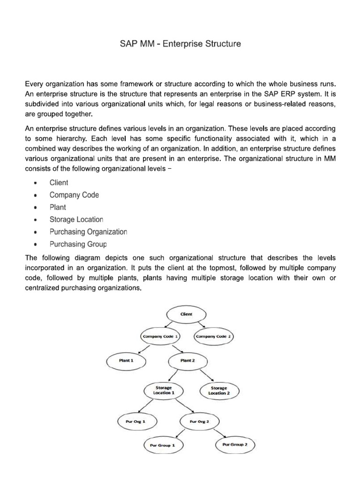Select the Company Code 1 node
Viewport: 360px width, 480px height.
pyautogui.click(x=161, y=336)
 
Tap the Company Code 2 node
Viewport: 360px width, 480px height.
pyautogui.click(x=214, y=336)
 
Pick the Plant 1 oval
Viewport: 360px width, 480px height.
pyautogui.click(x=126, y=361)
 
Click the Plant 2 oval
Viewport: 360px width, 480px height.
pyautogui.click(x=187, y=361)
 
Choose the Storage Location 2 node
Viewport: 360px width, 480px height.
pyautogui.click(x=219, y=390)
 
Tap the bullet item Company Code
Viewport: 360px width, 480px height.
pyautogui.click(x=74, y=195)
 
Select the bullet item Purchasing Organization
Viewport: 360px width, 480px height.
pyautogui.click(x=88, y=232)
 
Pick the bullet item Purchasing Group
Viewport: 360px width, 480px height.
pyautogui.click(x=78, y=244)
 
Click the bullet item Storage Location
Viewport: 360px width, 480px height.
pyautogui.click(x=76, y=219)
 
